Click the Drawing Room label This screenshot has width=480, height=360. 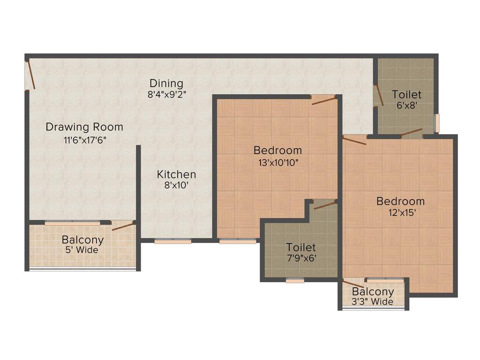[84, 127]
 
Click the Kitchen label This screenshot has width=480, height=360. [176, 174]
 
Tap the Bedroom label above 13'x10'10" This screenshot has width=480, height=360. [277, 150]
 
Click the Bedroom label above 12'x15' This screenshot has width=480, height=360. [400, 201]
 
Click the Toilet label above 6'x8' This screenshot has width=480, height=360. [406, 95]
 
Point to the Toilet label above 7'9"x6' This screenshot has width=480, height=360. [301, 247]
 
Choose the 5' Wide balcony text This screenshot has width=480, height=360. [82, 250]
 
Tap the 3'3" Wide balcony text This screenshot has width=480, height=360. [373, 302]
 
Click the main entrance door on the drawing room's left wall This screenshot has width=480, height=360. [30, 74]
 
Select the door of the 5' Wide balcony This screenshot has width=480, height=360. [123, 226]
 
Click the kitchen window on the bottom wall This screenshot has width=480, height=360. [173, 242]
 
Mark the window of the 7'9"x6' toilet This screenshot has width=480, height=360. [295, 281]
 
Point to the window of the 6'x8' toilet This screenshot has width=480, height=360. [437, 123]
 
